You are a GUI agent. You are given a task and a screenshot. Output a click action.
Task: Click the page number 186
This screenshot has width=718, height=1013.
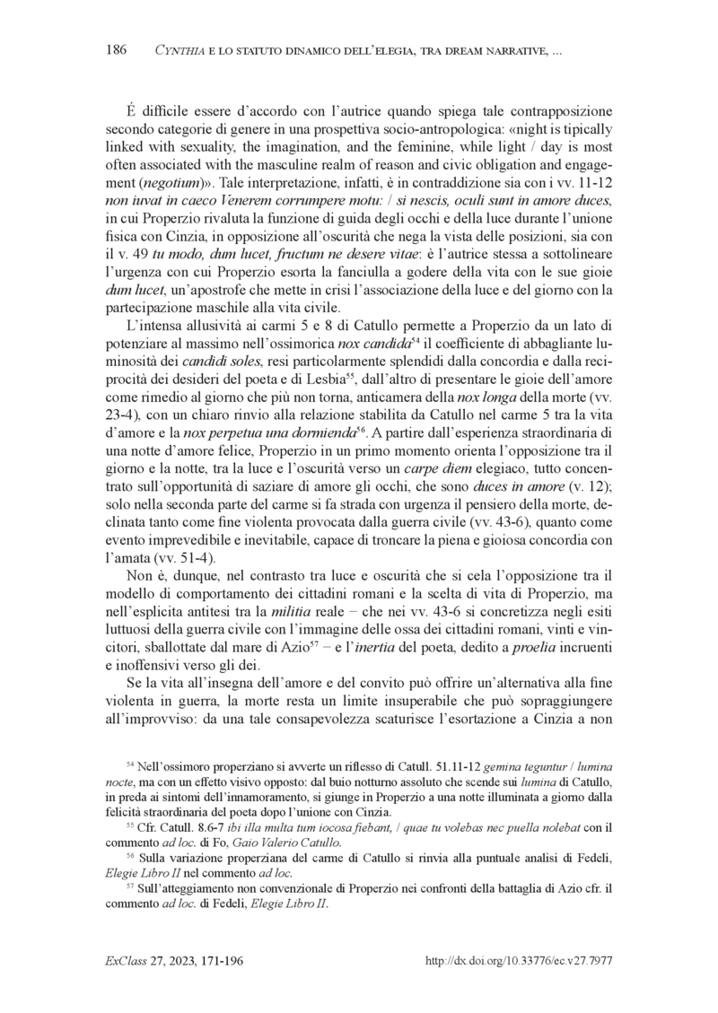[116, 49]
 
